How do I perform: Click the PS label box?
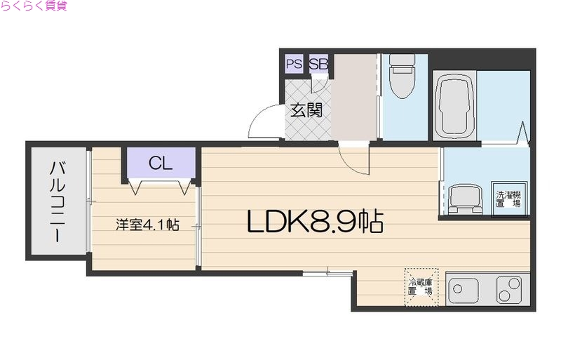tap(294, 64)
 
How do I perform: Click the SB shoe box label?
tap(318, 64)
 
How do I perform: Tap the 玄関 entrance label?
tap(306, 110)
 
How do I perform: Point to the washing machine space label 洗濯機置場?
tap(508, 199)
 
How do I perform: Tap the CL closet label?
tap(160, 164)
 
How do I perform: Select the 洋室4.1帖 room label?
tap(147, 225)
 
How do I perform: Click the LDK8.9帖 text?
tap(314, 222)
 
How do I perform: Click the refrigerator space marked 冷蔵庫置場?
tap(421, 287)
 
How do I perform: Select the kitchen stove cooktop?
tap(508, 288)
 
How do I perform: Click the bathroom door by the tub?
tap(521, 133)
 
